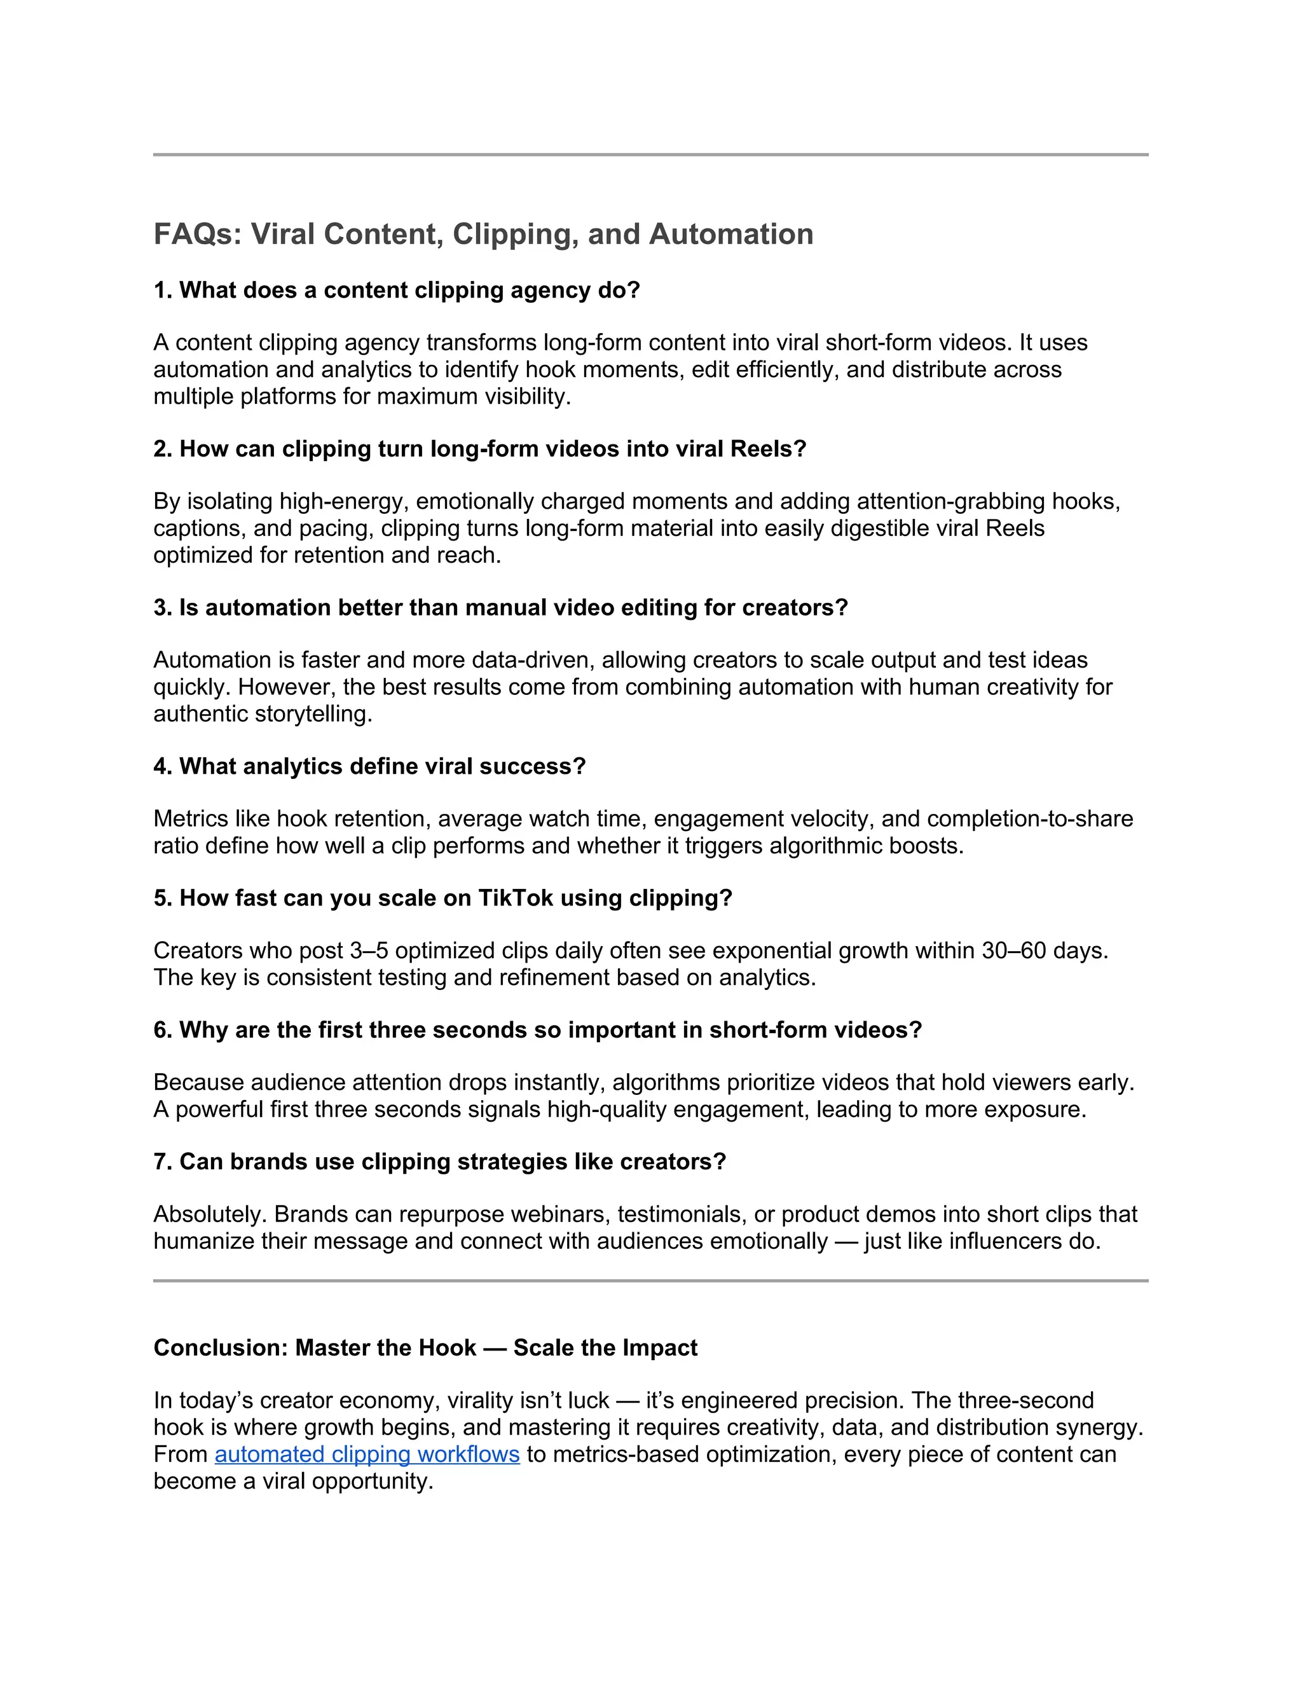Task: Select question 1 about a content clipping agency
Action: click(397, 290)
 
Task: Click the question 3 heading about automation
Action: click(500, 608)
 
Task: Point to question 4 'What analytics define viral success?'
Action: click(369, 766)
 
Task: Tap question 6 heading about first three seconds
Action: click(537, 1030)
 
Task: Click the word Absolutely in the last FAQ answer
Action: click(210, 1214)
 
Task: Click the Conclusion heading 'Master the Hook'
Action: click(425, 1348)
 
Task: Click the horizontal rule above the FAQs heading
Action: click(650, 155)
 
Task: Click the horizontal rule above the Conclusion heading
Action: click(650, 1281)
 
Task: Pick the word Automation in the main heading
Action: click(730, 235)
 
